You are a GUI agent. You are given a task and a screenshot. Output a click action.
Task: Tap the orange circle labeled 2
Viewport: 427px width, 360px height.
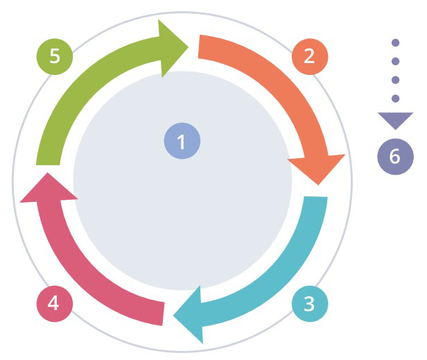(309, 56)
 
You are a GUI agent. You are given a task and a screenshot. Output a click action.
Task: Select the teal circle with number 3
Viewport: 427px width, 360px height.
(309, 303)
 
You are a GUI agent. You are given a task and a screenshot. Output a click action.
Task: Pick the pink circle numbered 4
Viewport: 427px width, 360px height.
(53, 303)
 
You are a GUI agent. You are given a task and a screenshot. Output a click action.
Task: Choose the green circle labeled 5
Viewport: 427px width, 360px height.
(54, 56)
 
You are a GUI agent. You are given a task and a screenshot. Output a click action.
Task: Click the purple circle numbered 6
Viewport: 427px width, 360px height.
(395, 155)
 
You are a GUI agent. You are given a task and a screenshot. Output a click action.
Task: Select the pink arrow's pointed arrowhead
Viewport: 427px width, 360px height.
(43, 189)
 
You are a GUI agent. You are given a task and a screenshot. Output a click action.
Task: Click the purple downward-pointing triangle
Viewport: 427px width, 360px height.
(395, 120)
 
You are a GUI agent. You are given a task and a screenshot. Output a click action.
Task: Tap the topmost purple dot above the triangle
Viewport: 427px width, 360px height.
(395, 43)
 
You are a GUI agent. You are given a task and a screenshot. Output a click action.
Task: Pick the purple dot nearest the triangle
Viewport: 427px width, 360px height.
(395, 98)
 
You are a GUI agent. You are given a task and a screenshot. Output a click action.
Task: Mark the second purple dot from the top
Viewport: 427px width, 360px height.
(395, 61)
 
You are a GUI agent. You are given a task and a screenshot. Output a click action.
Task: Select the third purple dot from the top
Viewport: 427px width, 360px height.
(395, 80)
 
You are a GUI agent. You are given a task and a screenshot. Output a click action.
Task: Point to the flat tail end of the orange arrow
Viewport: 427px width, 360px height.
(200, 46)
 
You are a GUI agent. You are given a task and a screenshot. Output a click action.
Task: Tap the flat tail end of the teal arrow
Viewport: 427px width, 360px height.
(315, 198)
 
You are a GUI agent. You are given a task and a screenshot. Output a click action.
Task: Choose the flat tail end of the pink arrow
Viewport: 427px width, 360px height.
(163, 313)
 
